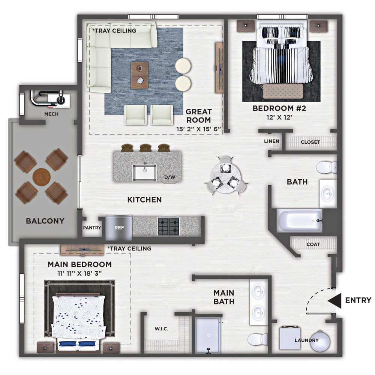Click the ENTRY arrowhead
(x=334, y=300)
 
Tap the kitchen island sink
(x=145, y=173)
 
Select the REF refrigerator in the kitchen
(x=118, y=228)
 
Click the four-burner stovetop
(x=169, y=226)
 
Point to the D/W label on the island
(x=169, y=177)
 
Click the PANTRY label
(x=92, y=228)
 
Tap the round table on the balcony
(x=41, y=177)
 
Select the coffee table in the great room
(x=139, y=75)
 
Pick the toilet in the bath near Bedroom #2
(x=327, y=167)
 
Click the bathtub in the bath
(x=300, y=220)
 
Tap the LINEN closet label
(x=271, y=141)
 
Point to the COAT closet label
(x=313, y=244)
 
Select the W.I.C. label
(x=161, y=329)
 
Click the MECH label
(x=51, y=114)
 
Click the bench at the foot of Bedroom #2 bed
(x=283, y=91)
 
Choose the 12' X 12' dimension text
(x=279, y=117)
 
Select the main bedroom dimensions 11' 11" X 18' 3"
(x=79, y=273)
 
